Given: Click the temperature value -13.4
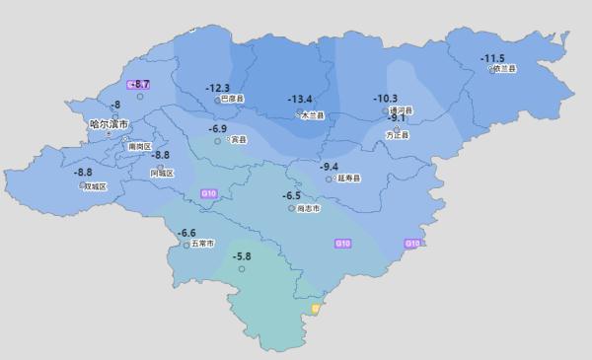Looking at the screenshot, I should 300,99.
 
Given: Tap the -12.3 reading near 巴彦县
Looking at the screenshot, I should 218,88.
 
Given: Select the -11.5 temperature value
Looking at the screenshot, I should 492,58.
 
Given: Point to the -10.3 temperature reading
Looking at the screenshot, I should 385,98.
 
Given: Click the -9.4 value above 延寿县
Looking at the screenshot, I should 330,166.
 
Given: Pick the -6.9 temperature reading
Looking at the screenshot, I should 218,128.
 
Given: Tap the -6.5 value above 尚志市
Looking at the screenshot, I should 291,195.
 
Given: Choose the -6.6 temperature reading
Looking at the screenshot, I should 186,232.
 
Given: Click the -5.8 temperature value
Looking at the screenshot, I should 242,256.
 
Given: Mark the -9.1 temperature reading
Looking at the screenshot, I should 398,118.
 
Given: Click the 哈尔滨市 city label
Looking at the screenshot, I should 109,124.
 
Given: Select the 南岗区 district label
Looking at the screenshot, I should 140,146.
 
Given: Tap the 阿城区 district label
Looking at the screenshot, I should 162,173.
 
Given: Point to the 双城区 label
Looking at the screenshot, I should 95,185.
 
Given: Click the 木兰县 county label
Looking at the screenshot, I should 313,115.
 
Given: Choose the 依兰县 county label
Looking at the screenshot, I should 505,69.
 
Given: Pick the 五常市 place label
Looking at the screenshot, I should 201,243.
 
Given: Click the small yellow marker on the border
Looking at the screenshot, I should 316,309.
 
